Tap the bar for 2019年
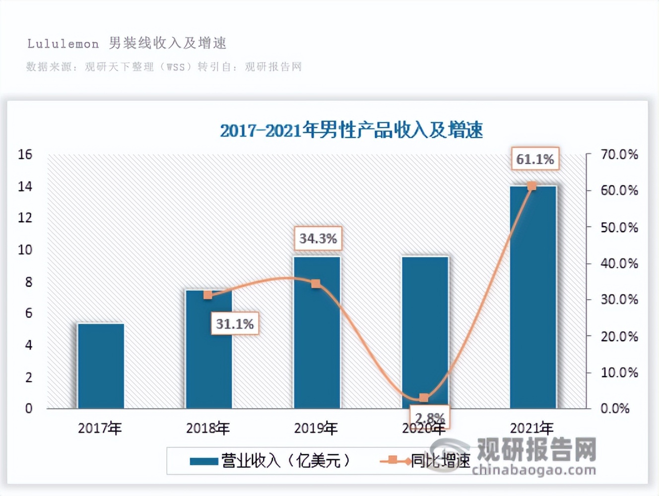coord(317,337)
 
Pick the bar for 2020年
coord(425,327)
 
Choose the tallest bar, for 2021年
coord(533,298)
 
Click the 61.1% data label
coord(535,159)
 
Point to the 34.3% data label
coord(318,239)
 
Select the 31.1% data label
coord(235,324)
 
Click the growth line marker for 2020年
coord(424,398)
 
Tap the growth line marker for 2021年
coord(531,186)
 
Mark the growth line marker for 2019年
coord(316,284)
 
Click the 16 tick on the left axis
coord(25,155)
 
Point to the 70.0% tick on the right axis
coord(619,155)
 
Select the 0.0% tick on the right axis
coord(615,409)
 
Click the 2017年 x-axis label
coord(100,428)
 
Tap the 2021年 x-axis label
coord(531,428)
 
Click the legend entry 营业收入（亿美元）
coord(270,461)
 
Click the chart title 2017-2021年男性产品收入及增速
coord(351,130)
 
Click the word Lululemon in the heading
coord(63,44)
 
